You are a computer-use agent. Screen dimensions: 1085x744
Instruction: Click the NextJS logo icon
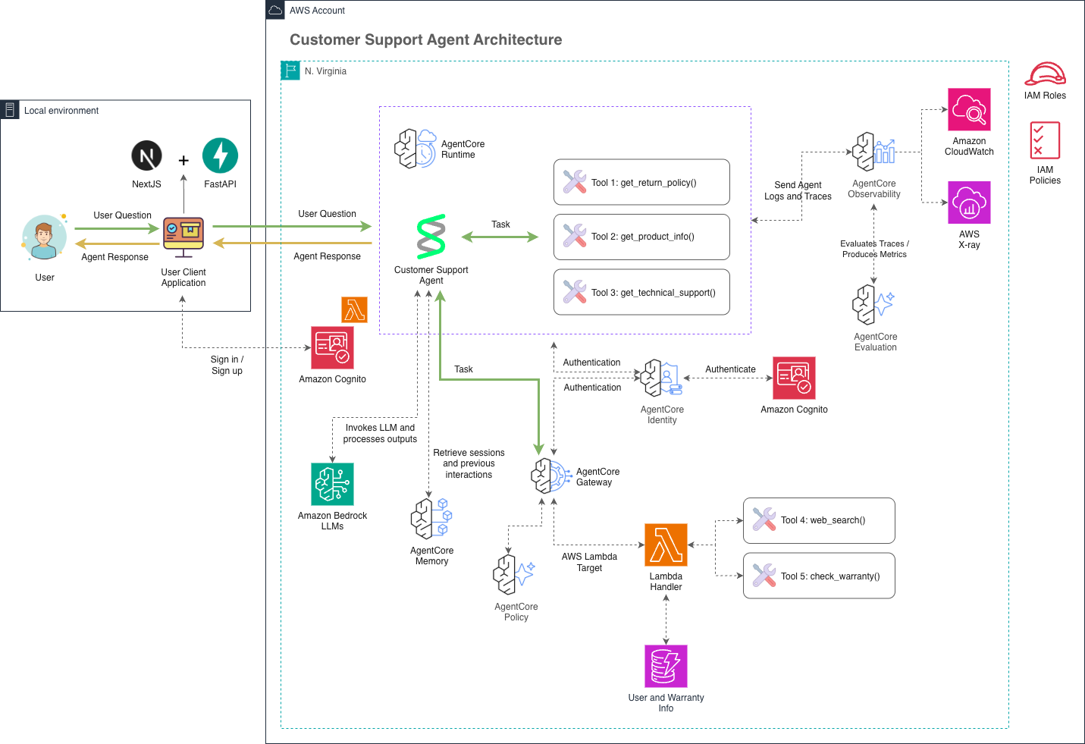click(x=147, y=155)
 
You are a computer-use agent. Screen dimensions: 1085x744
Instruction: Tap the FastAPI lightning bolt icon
click(x=220, y=155)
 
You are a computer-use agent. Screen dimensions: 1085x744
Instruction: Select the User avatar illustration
click(x=44, y=237)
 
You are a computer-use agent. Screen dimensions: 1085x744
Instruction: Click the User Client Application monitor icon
click(x=183, y=237)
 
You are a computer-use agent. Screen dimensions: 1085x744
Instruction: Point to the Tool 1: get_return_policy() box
click(x=641, y=182)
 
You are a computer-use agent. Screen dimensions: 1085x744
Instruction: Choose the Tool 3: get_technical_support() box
click(x=641, y=292)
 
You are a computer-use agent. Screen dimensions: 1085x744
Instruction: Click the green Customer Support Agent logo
click(x=431, y=237)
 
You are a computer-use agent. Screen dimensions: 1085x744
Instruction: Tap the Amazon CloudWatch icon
click(x=969, y=109)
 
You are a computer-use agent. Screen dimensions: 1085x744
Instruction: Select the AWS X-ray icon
click(x=969, y=202)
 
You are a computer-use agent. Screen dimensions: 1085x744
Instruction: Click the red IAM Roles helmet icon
click(x=1045, y=74)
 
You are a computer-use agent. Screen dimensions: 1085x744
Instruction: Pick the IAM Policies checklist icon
click(x=1045, y=140)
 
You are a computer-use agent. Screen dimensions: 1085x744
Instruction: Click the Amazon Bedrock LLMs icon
click(x=332, y=484)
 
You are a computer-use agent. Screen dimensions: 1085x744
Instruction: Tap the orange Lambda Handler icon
click(x=666, y=545)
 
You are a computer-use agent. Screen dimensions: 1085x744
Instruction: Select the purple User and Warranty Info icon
click(x=666, y=666)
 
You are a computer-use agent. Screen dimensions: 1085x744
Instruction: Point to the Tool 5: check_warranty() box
click(x=819, y=576)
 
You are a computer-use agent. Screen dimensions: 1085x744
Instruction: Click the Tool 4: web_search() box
click(x=819, y=520)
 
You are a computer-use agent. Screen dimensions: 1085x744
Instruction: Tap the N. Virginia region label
click(x=325, y=71)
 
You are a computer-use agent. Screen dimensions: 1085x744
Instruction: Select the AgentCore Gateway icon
click(x=551, y=476)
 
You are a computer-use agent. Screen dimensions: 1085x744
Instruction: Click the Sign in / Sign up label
click(x=227, y=365)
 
